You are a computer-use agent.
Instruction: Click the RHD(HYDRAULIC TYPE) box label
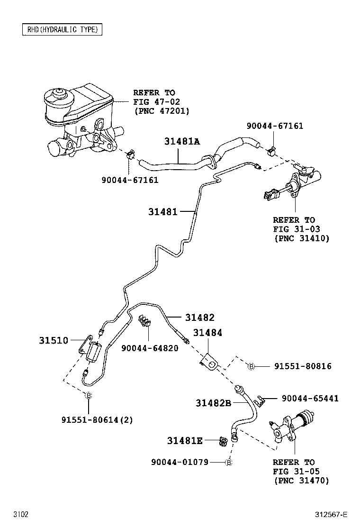click(x=62, y=29)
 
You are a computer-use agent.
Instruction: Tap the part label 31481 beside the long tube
click(x=162, y=212)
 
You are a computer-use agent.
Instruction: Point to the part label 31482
click(x=199, y=317)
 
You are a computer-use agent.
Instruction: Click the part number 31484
click(x=207, y=333)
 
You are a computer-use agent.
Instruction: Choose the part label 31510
click(x=54, y=340)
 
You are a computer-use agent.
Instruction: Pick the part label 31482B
click(x=213, y=403)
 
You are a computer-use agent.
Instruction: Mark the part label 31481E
click(x=185, y=441)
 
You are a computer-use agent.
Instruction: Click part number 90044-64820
click(x=150, y=348)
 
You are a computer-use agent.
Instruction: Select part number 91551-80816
click(x=302, y=366)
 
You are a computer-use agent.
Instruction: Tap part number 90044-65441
click(x=310, y=399)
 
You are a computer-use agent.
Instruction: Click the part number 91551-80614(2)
click(x=97, y=419)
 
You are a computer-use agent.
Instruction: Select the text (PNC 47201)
click(x=161, y=111)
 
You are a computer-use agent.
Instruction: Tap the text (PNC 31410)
click(x=301, y=238)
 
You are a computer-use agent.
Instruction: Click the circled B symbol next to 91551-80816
click(x=252, y=366)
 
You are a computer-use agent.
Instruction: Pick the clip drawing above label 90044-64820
click(x=145, y=321)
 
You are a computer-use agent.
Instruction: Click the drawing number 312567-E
click(x=331, y=514)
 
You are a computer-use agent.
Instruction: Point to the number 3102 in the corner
click(x=20, y=514)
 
